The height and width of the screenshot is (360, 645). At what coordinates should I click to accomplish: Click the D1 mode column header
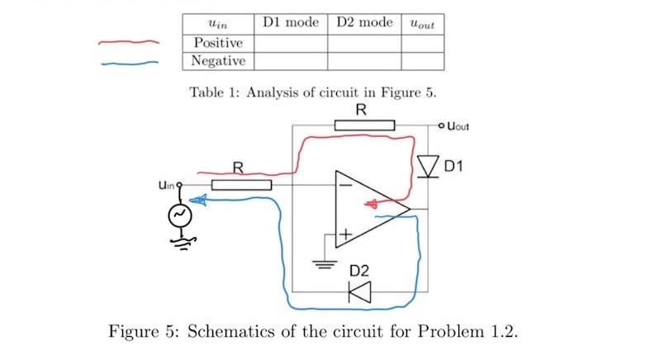coord(291,22)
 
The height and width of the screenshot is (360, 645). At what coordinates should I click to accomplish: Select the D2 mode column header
coord(364,22)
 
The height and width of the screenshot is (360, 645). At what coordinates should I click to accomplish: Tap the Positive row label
coord(218,42)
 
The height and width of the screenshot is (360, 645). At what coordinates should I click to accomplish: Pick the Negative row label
coord(218,61)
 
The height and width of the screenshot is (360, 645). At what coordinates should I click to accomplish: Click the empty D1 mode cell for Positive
coord(291,42)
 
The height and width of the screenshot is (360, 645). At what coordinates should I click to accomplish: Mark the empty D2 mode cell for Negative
coord(364,61)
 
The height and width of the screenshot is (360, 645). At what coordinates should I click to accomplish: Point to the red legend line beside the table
coord(128,41)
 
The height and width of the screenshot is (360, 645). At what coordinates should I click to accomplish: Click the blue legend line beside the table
coord(128,63)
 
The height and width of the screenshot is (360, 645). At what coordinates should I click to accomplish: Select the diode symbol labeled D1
coord(427,166)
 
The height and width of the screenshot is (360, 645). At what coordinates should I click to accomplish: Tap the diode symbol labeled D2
coord(360,291)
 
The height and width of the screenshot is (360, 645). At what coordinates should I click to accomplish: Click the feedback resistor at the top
coord(364,125)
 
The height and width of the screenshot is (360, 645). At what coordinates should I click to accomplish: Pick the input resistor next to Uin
coord(241,184)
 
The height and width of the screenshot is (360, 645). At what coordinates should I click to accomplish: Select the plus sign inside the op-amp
coord(344,236)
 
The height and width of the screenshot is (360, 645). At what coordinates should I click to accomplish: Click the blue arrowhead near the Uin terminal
coord(198,199)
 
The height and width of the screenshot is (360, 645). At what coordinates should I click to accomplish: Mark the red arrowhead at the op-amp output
coord(372,204)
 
